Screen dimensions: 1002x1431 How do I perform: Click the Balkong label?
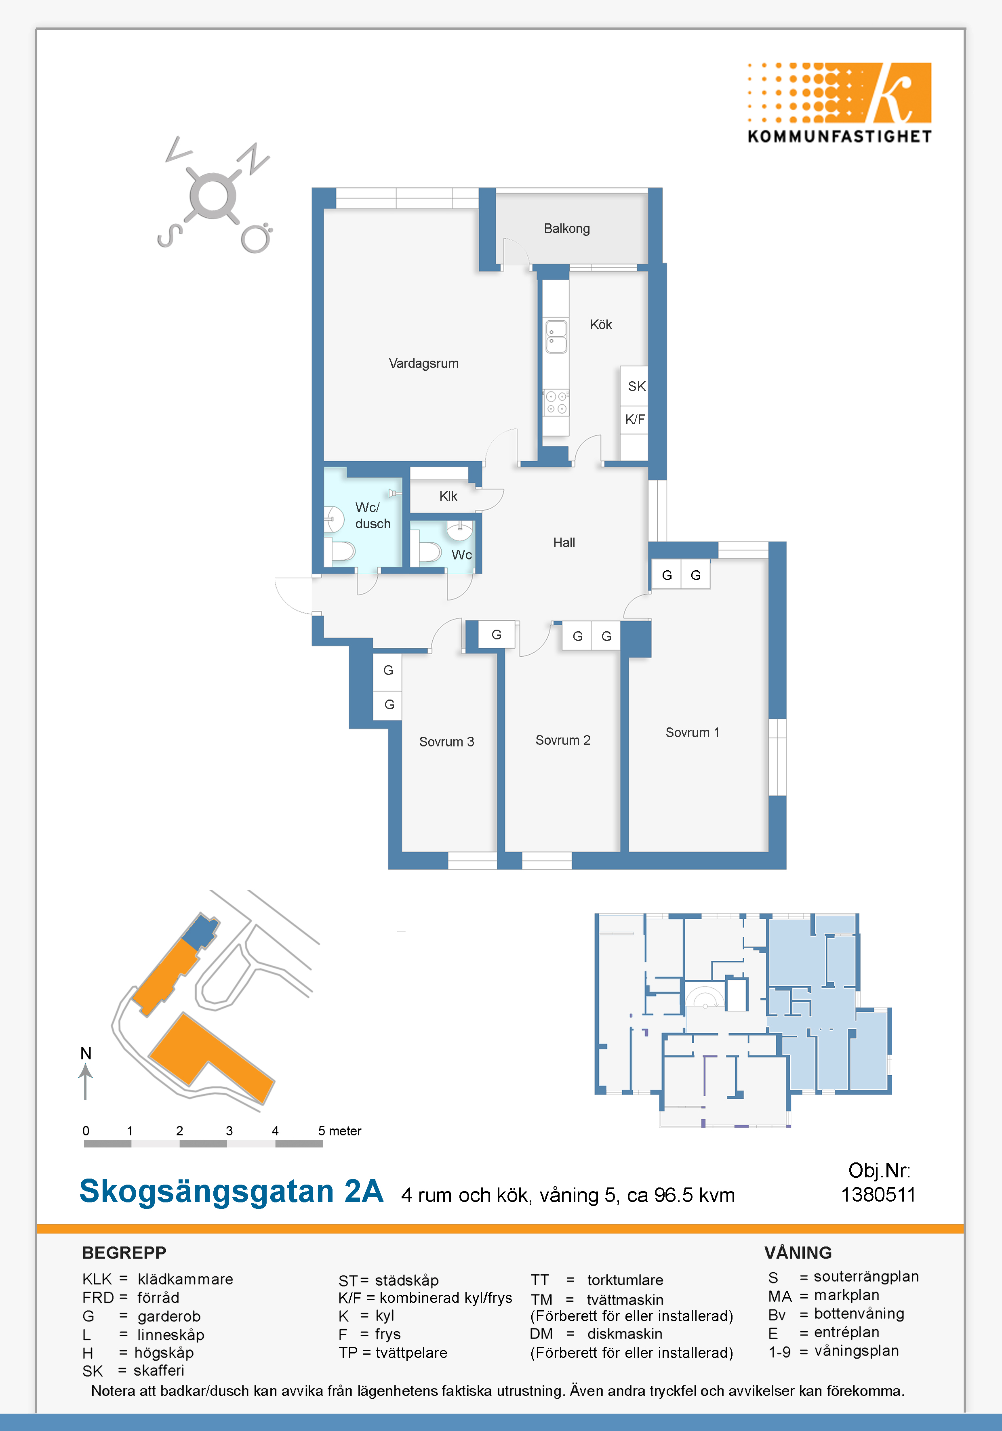(567, 229)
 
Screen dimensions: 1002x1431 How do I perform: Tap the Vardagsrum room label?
(423, 364)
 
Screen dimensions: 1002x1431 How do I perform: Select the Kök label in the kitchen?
(601, 325)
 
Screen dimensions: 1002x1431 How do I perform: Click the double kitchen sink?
(556, 336)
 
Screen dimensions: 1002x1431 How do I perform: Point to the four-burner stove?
(556, 403)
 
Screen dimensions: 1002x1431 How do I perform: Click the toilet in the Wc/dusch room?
(342, 551)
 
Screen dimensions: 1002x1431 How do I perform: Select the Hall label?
(564, 543)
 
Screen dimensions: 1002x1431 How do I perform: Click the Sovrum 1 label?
(692, 732)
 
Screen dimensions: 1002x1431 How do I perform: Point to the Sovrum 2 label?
(563, 740)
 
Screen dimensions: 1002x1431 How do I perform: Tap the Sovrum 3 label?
(446, 742)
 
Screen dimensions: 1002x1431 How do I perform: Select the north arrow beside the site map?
(85, 1081)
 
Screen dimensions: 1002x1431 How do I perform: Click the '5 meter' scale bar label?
(339, 1131)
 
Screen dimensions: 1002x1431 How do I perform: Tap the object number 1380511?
(878, 1195)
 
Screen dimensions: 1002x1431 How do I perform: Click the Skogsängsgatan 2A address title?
(232, 1191)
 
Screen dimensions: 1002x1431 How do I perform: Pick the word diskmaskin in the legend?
(625, 1334)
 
